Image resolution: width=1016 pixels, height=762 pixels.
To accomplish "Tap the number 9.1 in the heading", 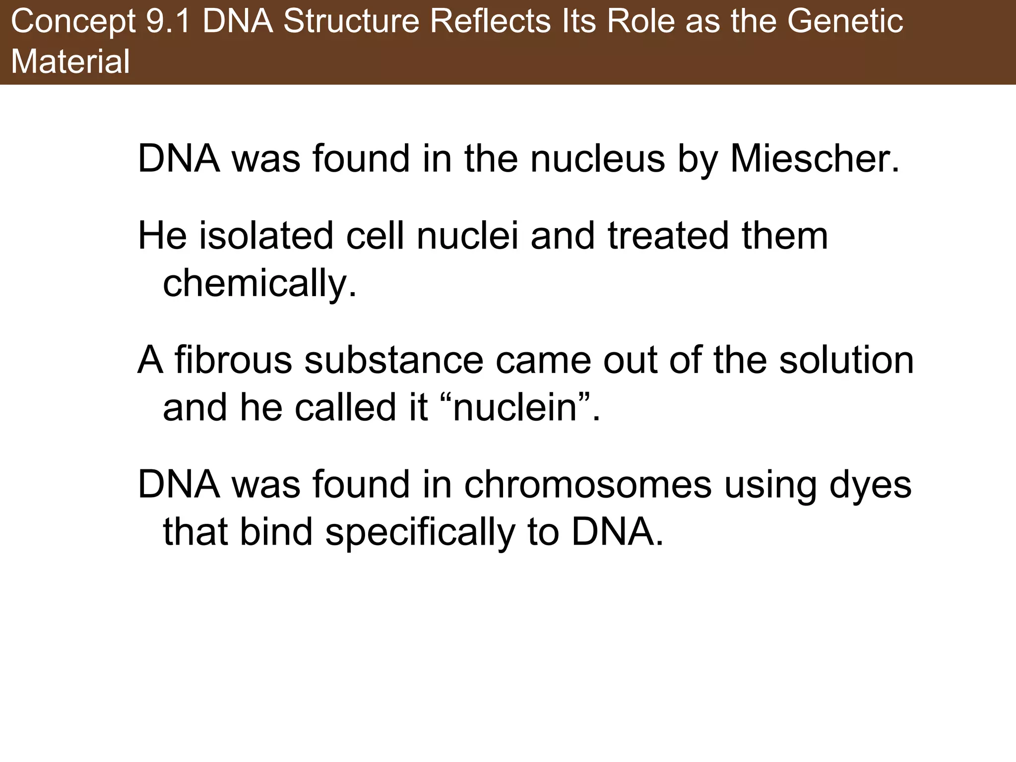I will click(168, 22).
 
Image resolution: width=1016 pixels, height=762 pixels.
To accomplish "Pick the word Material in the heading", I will click(70, 62).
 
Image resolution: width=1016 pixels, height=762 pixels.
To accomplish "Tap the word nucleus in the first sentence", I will click(598, 159).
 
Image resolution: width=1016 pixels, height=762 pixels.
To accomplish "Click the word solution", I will click(846, 360).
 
